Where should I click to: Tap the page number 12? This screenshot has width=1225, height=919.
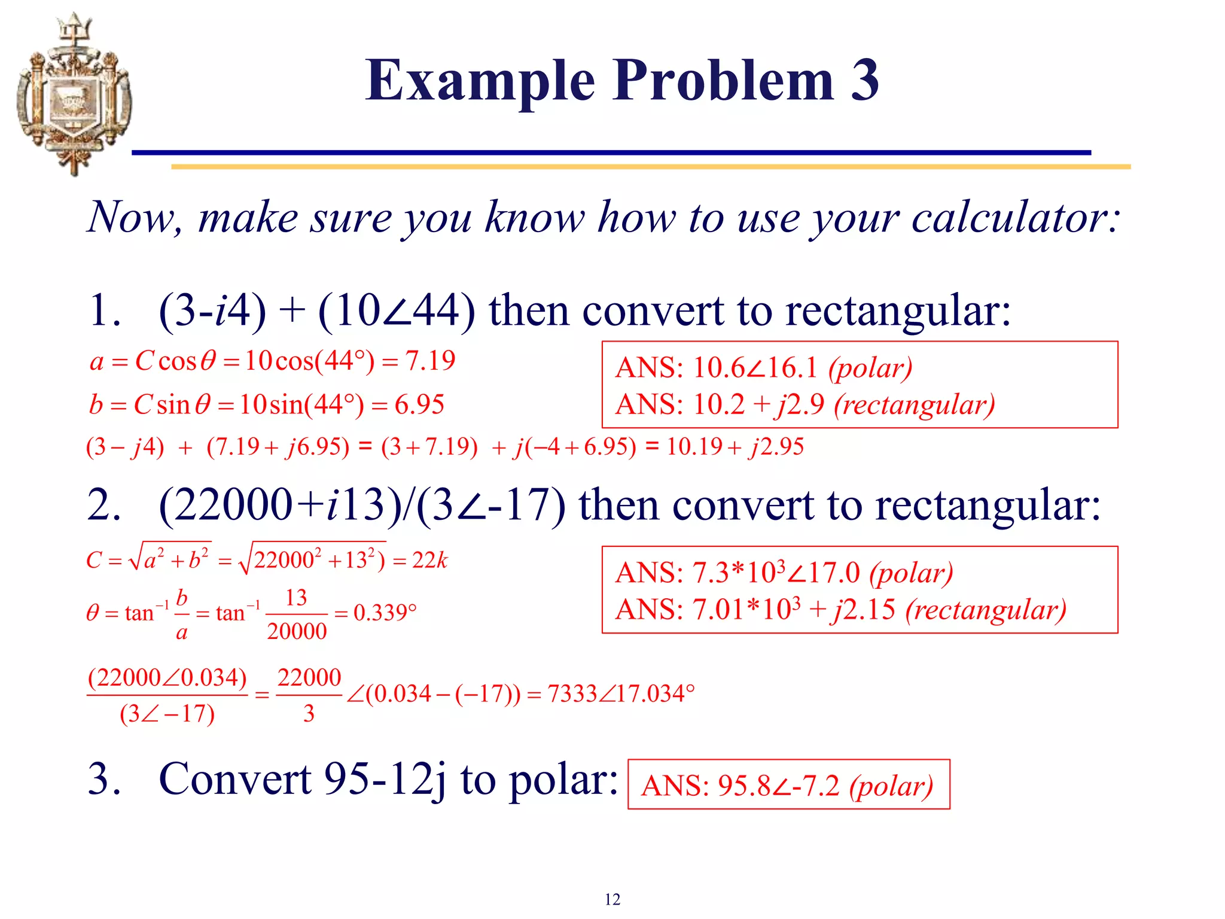click(612, 899)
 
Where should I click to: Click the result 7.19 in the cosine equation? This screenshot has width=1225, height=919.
click(430, 361)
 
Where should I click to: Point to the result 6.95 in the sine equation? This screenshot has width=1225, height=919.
click(419, 405)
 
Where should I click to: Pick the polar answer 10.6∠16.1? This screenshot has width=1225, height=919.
click(755, 368)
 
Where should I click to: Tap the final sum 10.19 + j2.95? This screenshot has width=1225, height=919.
click(735, 447)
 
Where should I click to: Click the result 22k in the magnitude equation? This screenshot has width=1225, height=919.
click(429, 561)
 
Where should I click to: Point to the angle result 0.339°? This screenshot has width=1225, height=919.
click(385, 613)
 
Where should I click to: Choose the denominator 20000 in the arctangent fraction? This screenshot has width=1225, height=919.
click(297, 632)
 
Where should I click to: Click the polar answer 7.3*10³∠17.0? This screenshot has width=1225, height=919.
click(776, 573)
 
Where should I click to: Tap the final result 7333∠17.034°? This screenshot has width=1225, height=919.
click(621, 694)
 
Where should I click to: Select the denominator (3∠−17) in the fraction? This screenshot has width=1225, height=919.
click(167, 714)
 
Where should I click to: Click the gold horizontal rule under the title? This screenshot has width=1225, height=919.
click(651, 167)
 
